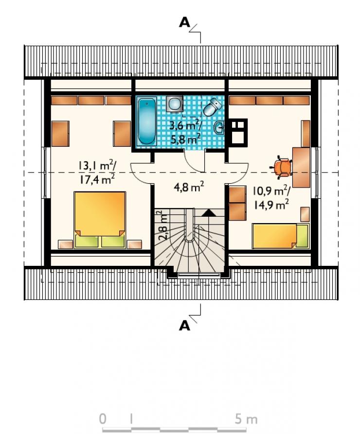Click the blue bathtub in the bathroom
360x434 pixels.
pos(146,122)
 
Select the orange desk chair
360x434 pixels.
pos(282,167)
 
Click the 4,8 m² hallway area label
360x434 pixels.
pos(189,188)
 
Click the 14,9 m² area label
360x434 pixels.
pos(271,205)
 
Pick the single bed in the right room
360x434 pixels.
pos(280,236)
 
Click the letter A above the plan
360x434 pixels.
pos(185,22)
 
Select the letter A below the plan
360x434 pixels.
pos(185,326)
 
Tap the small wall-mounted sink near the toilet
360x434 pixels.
pos(219,128)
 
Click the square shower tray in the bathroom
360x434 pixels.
pos(175,104)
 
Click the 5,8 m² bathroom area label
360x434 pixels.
pos(185,139)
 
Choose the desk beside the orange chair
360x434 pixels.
pos(301,168)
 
